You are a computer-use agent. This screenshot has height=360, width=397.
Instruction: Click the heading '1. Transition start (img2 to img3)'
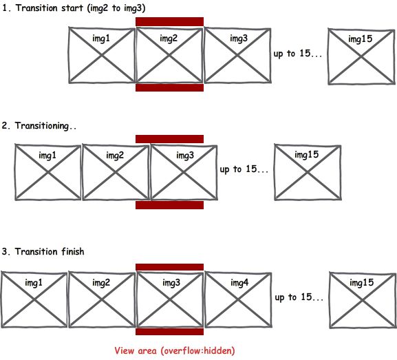[x=74, y=8]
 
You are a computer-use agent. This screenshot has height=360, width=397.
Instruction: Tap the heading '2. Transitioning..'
[x=39, y=126]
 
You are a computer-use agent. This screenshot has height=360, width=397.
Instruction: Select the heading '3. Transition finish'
[x=43, y=251]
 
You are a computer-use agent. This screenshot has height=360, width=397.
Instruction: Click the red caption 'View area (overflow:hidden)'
[x=175, y=351]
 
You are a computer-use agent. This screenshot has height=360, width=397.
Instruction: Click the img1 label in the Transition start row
[x=101, y=39]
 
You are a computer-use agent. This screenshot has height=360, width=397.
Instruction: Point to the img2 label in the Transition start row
[x=169, y=39]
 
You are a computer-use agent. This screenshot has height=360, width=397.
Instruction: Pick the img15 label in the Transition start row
[x=361, y=39]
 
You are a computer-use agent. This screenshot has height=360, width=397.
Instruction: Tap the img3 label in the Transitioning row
[x=185, y=156]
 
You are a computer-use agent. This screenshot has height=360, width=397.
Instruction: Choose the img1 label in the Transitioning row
[x=47, y=156]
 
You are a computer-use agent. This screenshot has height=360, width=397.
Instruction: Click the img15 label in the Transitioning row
[x=307, y=155]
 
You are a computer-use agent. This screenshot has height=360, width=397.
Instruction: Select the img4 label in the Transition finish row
[x=239, y=282]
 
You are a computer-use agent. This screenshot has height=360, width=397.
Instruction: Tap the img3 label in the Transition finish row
[x=171, y=282]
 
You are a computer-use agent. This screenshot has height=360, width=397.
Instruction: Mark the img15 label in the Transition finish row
[x=361, y=282]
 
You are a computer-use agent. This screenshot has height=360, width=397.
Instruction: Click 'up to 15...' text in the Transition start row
[x=298, y=54]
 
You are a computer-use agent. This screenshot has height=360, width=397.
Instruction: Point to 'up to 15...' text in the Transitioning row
[x=244, y=169]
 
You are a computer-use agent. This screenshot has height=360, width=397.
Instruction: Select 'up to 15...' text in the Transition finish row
[x=299, y=297]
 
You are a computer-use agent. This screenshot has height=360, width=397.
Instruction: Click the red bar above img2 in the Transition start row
[x=170, y=22]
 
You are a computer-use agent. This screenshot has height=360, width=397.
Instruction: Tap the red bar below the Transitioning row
[x=170, y=205]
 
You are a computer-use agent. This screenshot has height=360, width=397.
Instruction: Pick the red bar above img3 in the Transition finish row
[x=170, y=267]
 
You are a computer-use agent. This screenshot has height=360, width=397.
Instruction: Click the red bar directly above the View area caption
[x=170, y=332]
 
